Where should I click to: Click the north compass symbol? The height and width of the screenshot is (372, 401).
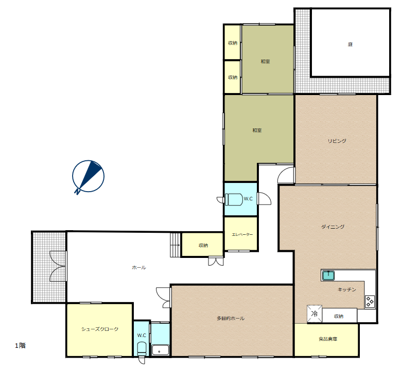[x=88, y=177]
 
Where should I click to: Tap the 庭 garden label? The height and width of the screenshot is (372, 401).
[x=350, y=44]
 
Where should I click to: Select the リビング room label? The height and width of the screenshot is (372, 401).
[x=337, y=141]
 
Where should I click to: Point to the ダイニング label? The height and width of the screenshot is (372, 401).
[x=333, y=227]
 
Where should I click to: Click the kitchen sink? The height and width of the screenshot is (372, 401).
[x=328, y=275]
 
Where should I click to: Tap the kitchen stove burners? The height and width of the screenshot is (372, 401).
[x=370, y=301]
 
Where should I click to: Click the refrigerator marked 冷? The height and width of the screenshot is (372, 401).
[x=315, y=313]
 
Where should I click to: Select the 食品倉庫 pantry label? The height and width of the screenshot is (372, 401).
[x=328, y=339]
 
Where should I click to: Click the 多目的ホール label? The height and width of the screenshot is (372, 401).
[x=231, y=318]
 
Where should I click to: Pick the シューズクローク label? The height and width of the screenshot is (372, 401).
[x=100, y=329]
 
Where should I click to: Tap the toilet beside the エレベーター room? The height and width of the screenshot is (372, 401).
[x=234, y=199]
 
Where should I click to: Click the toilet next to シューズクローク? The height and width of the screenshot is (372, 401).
[x=142, y=349]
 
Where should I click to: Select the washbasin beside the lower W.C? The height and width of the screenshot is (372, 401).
[x=161, y=350]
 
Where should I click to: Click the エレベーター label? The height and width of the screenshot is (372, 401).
[x=242, y=234]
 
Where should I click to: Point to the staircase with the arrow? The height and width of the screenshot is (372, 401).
[x=175, y=245]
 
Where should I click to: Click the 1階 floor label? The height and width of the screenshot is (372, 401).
[x=20, y=345]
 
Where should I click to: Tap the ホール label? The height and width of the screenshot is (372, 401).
[x=139, y=267]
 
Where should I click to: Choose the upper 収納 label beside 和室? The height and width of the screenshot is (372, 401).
[x=233, y=43]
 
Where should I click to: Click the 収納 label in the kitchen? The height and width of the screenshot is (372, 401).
[x=339, y=316]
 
